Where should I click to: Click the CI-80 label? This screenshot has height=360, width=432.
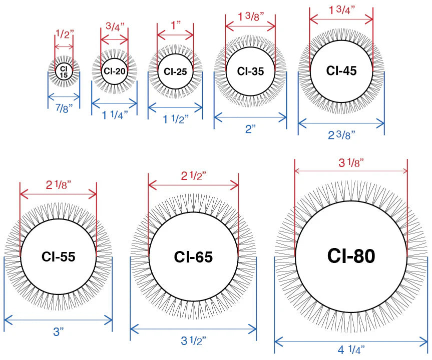[351, 256]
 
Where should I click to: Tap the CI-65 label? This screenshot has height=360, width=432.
[193, 257]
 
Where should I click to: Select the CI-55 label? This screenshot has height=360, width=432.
[59, 256]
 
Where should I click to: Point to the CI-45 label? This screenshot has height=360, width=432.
[341, 70]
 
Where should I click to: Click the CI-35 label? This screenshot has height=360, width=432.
[250, 71]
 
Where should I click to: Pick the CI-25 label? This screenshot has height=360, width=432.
[175, 72]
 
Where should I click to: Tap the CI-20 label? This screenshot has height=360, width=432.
[114, 71]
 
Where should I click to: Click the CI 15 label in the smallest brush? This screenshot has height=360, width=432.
[64, 72]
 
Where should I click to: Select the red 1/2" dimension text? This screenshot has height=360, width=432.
[65, 34]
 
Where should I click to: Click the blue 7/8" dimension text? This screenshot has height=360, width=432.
[64, 108]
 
